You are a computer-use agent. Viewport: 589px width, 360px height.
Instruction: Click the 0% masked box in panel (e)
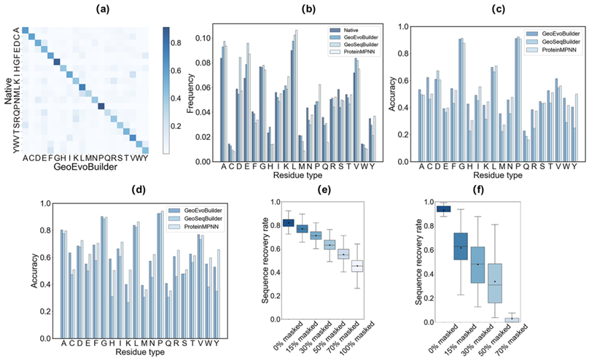(289, 223)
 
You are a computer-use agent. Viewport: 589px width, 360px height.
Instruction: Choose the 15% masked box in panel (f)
(459, 251)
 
